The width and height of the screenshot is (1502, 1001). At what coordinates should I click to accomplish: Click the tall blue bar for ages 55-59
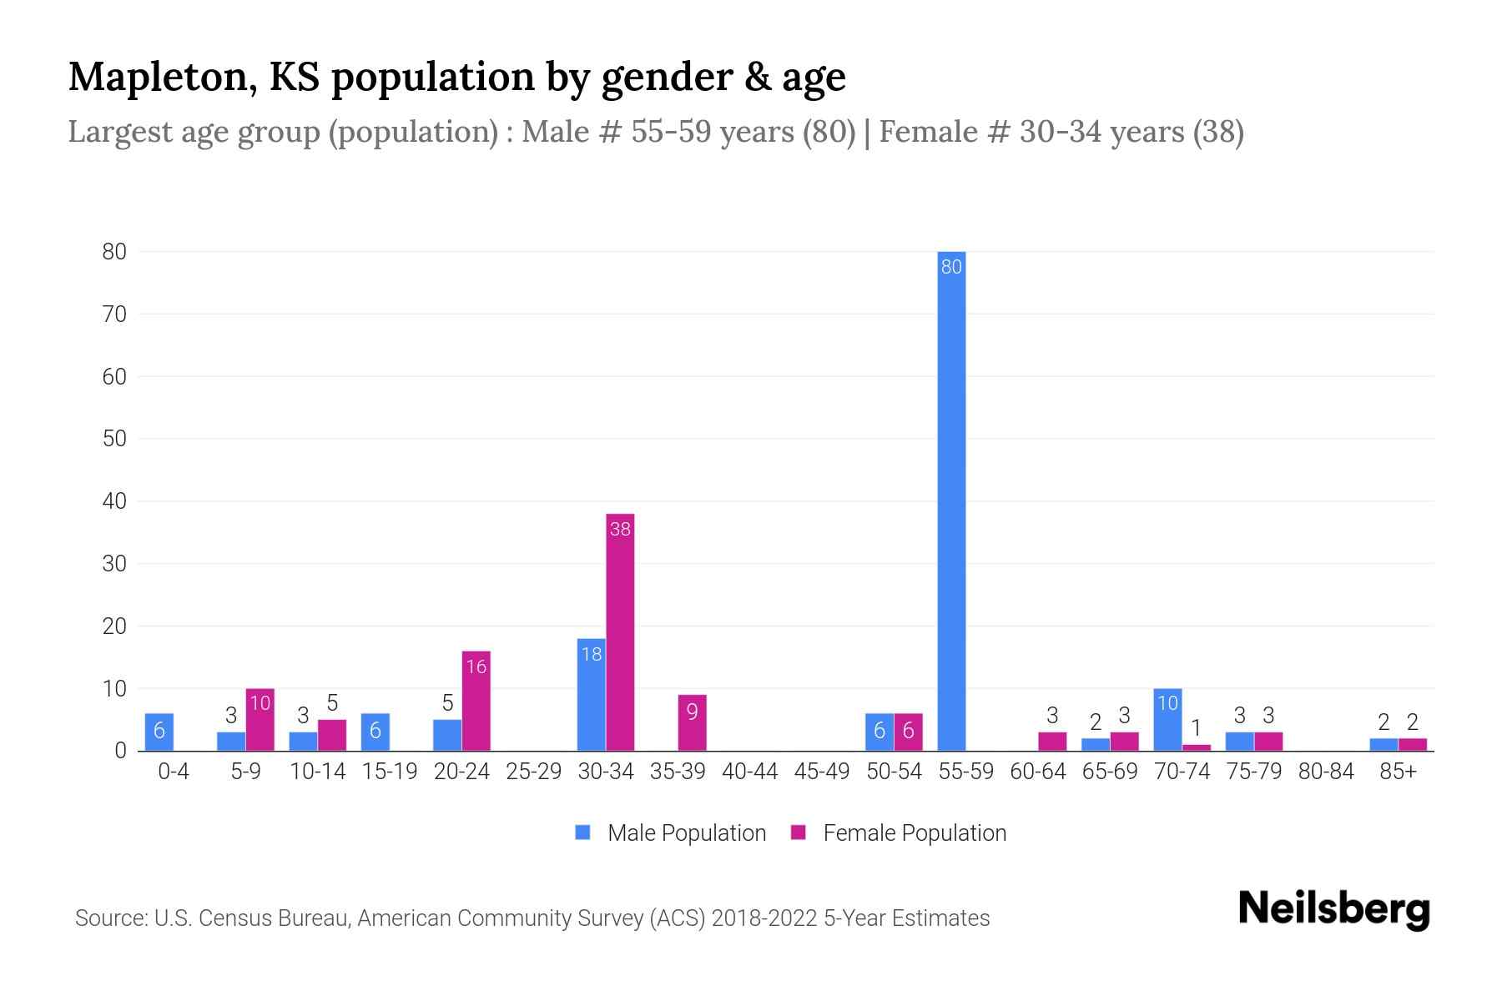951,500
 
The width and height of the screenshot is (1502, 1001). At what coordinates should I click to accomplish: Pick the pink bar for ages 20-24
476,701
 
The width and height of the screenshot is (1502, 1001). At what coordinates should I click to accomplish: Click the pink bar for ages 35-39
692,722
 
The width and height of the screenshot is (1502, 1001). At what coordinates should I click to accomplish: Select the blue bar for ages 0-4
159,732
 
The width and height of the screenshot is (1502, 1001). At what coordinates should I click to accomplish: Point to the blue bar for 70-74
1167,719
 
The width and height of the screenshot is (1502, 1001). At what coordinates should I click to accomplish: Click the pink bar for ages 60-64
1052,741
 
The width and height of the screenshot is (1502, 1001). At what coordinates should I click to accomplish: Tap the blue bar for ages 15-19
375,732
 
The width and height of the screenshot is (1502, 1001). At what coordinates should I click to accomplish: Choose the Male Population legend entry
671,832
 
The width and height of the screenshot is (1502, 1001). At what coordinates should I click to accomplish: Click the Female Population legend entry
899,832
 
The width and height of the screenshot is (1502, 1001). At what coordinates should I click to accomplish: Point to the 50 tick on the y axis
114,439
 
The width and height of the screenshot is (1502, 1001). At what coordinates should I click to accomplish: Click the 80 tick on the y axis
114,251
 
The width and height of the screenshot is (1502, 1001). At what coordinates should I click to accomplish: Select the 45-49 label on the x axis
822,772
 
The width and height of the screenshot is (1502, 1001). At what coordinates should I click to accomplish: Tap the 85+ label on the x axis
1398,772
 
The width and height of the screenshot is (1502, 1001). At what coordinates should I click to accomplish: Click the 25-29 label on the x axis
533,772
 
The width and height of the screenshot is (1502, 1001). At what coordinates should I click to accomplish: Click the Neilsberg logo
1333,909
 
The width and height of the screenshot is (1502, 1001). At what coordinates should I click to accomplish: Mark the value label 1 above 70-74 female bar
1196,727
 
